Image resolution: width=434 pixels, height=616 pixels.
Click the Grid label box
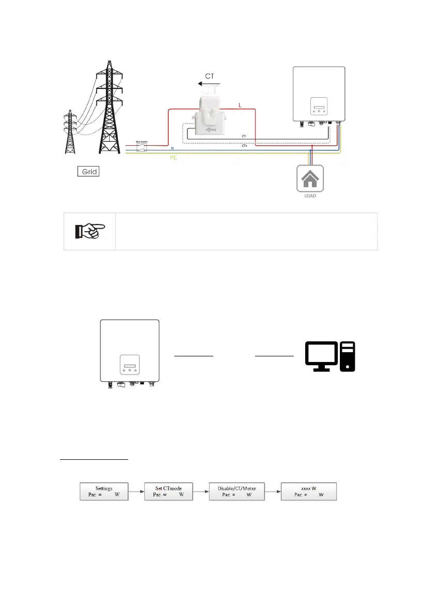pos(88,171)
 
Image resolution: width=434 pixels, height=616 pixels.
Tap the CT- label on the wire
pos(244,137)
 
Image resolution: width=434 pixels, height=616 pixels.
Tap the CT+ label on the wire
pos(244,146)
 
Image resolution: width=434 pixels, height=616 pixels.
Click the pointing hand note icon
pos(89,231)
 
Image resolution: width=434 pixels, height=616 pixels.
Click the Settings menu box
pos(104,491)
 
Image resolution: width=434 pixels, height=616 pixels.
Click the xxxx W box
pos(309,491)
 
